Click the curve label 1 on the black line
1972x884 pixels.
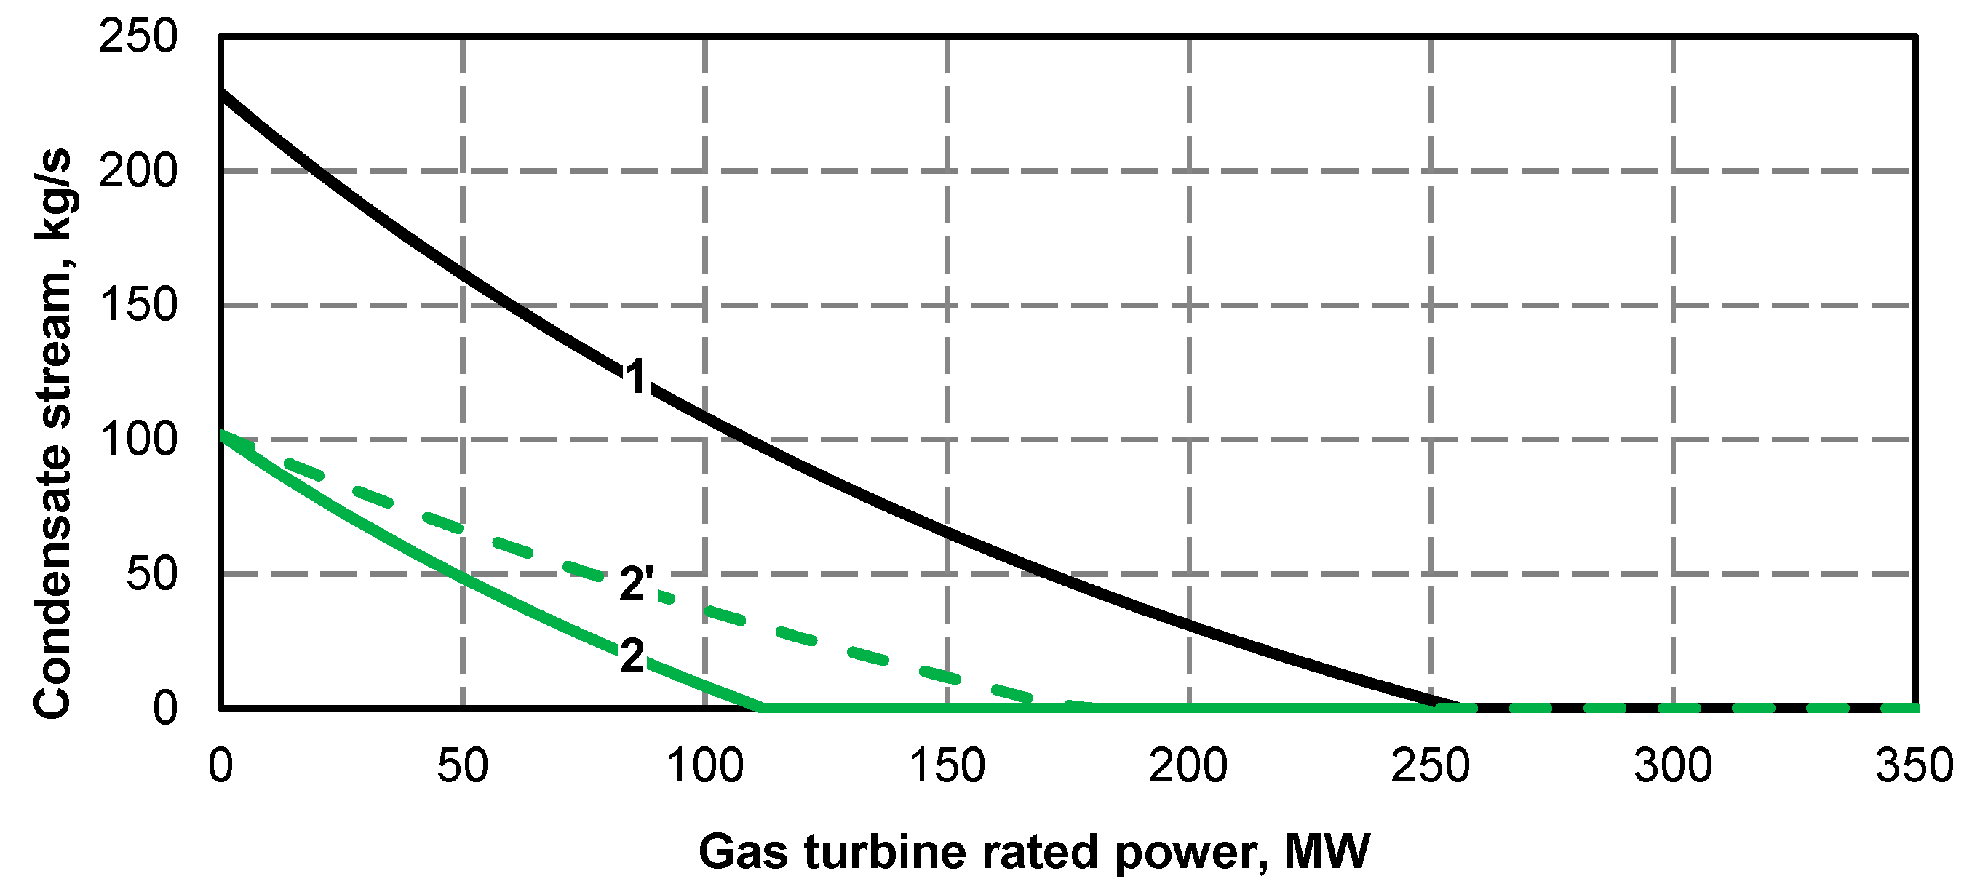pos(636,377)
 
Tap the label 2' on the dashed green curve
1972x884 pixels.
pos(636,584)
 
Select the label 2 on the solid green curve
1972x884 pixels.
pos(632,656)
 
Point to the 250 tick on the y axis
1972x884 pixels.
pos(138,36)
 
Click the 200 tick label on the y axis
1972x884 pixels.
pos(138,171)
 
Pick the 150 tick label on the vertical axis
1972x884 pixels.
pos(138,305)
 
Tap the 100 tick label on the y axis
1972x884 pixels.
pos(138,439)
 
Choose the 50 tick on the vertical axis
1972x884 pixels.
pos(151,573)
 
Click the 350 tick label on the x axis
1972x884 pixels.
pos(1914,765)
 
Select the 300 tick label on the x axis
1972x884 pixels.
pos(1673,765)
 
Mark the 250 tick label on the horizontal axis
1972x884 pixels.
pos(1430,765)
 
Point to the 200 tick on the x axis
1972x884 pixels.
pos(1188,765)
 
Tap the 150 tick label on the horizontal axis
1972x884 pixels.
pos(947,765)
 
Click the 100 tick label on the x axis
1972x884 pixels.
pos(705,765)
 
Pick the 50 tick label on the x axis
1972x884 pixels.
pos(462,765)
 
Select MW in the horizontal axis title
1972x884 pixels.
pos(1327,852)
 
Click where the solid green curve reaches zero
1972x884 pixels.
pos(760,707)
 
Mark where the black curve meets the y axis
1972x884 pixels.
pos(221,92)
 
